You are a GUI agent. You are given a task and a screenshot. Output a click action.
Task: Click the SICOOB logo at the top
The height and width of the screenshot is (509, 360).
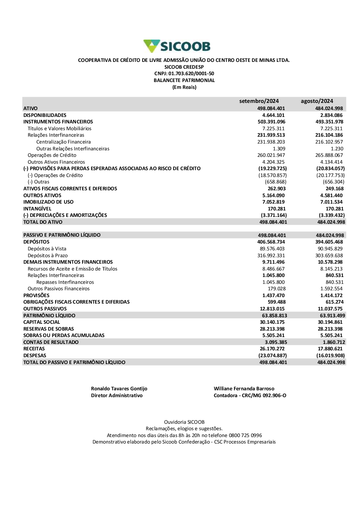[x=177, y=46]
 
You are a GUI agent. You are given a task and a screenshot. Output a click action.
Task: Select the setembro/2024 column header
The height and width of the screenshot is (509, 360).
[x=259, y=101]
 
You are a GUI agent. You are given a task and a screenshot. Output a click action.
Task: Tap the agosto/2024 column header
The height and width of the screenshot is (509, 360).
[x=317, y=101]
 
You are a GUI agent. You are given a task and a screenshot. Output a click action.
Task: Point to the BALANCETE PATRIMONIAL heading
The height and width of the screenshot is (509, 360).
[x=184, y=81]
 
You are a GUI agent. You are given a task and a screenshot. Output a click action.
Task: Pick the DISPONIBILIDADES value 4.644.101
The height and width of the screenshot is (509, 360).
[x=273, y=115]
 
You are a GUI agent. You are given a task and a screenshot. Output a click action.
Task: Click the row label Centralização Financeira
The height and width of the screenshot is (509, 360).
[x=63, y=142]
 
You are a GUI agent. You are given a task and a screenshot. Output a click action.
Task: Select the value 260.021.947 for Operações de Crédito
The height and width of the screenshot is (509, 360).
[x=271, y=155]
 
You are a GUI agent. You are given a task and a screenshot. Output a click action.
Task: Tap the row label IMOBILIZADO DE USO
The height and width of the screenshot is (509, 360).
[x=48, y=202]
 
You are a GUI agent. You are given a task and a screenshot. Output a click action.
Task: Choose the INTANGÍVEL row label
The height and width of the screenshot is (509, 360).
[x=37, y=209]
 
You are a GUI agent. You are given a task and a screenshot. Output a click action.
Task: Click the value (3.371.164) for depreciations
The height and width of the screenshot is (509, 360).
[x=274, y=215]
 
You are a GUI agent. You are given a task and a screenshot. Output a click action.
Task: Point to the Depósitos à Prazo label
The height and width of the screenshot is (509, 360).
[x=48, y=256]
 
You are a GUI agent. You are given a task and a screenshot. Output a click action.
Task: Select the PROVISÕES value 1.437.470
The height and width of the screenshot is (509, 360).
[x=273, y=296]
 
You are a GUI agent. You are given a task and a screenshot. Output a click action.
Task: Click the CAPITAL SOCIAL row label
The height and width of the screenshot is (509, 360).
[x=41, y=322]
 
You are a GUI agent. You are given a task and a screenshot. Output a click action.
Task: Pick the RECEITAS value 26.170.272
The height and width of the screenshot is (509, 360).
[x=272, y=349]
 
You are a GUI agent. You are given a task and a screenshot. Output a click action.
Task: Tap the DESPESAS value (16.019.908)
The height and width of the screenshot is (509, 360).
[x=330, y=356]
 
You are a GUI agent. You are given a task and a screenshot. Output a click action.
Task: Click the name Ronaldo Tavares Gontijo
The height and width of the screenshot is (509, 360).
[x=119, y=389]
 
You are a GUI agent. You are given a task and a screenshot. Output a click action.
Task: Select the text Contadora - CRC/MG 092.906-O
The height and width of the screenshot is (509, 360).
[x=250, y=396]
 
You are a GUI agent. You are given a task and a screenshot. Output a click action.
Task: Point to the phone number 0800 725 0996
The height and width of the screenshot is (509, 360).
[x=245, y=436]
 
